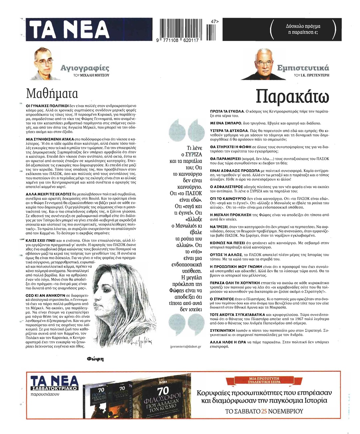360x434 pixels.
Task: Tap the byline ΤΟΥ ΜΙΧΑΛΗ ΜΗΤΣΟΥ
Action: coord(91,76)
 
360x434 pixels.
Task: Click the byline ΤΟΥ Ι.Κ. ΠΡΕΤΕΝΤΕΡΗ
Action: coord(311,76)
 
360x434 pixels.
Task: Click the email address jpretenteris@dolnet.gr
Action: coord(186,346)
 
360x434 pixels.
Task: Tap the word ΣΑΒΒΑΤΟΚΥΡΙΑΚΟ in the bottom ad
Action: coord(54,388)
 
